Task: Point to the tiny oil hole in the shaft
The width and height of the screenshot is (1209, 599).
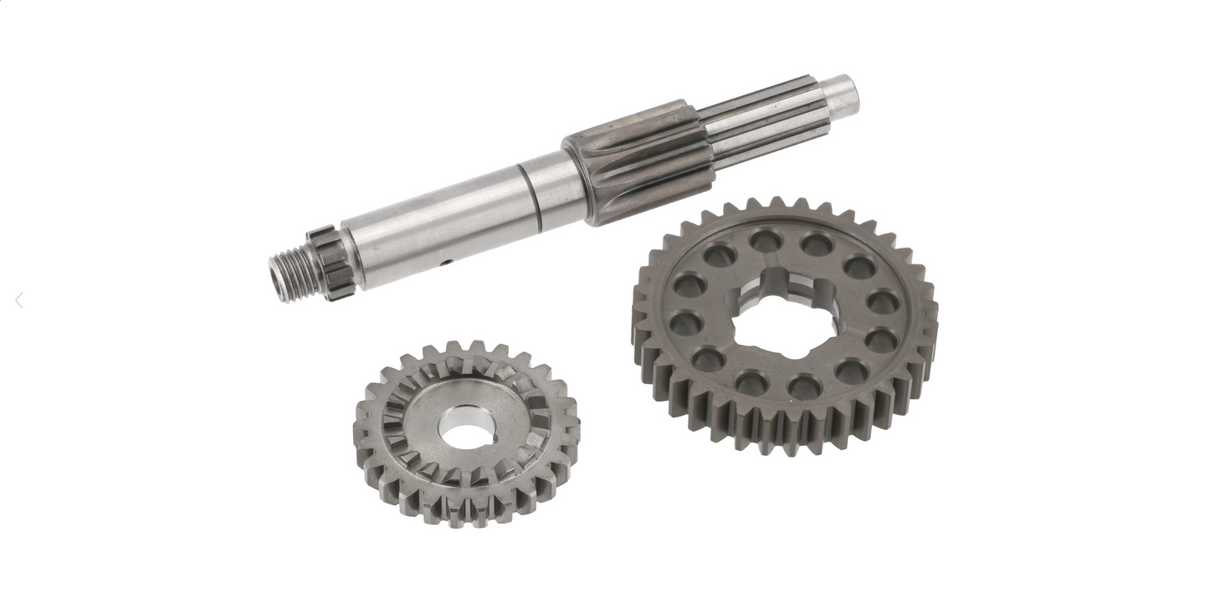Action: tap(448, 263)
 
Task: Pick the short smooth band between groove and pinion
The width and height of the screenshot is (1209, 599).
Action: tap(556, 188)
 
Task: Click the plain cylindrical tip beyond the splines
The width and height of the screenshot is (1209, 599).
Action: tap(842, 95)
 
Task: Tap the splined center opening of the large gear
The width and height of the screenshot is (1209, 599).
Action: tap(784, 314)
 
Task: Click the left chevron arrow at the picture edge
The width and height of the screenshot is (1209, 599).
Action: tap(19, 301)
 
